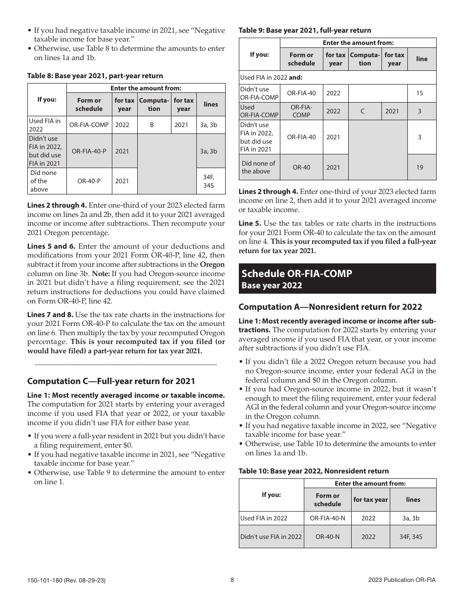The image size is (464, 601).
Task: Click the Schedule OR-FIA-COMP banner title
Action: click(296, 274)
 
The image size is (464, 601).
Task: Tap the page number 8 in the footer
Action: click(232, 580)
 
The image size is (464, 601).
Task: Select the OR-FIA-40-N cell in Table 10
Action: click(327, 518)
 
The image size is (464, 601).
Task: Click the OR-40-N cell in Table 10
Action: click(327, 537)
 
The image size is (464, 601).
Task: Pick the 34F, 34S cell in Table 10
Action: click(413, 537)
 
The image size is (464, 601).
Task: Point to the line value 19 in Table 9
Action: click(420, 167)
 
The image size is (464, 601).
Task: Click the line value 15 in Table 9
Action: click(420, 93)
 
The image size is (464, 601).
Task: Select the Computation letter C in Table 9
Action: click(362, 111)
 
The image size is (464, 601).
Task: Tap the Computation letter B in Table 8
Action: click(152, 125)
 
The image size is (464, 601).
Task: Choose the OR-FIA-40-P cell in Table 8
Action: click(89, 151)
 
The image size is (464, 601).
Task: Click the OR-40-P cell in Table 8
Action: click(89, 181)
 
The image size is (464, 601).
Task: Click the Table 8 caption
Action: click(95, 76)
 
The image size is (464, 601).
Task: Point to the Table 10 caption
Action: click(314, 471)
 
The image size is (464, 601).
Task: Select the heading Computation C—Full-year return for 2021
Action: click(111, 381)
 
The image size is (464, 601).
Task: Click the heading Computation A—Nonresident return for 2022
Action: click(330, 307)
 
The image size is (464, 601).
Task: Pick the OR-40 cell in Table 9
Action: click(301, 167)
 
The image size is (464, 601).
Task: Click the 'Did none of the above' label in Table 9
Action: click(258, 167)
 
